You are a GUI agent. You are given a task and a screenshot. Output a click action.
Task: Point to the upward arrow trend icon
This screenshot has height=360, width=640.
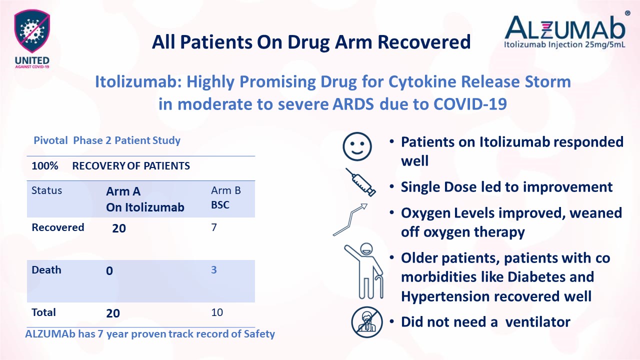350,219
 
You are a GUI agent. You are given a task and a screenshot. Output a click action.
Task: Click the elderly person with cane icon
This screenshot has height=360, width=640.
364,270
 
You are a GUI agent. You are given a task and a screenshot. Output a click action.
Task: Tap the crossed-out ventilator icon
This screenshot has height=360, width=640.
367,321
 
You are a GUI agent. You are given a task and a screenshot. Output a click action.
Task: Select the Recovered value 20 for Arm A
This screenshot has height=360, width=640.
119,228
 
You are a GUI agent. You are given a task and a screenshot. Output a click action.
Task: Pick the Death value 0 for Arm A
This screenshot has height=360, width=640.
109,271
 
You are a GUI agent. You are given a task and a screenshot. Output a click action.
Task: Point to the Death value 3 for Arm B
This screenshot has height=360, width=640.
213,270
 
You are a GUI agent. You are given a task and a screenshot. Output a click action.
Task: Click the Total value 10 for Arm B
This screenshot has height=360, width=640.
216,312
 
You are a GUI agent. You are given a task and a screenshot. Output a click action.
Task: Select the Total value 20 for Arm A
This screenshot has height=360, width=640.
113,313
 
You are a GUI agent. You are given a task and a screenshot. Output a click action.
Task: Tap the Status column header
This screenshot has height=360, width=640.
46,190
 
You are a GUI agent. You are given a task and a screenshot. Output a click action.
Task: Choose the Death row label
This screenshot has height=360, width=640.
46,270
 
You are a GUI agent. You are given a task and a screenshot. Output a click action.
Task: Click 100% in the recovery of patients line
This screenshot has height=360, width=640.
45,166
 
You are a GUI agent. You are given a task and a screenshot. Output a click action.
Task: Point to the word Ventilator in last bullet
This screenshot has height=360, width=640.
537,321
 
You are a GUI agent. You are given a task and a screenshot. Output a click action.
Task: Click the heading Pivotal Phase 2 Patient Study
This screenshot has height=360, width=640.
107,140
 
